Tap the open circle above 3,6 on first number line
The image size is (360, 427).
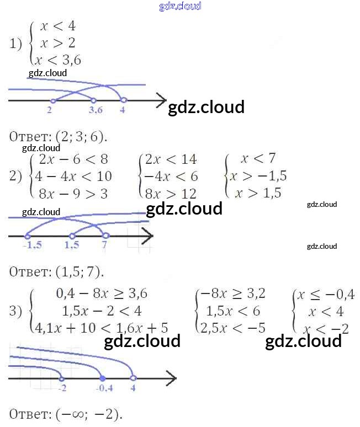pos(93,100)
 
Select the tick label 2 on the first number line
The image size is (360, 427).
pos(50,110)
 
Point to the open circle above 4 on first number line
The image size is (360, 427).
pos(123,100)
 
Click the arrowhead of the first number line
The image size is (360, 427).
pos(161,100)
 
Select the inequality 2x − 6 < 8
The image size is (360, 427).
pos(70,159)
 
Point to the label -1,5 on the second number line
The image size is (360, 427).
pos(32,245)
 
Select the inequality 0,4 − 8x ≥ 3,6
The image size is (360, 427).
pos(102,293)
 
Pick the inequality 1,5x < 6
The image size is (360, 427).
pos(232,311)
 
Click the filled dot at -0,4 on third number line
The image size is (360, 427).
pos(102,378)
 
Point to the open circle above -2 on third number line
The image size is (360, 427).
pos(61,378)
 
